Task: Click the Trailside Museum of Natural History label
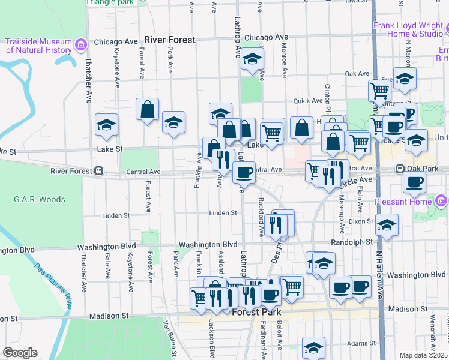coord(38,46)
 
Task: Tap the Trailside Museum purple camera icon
coord(80,44)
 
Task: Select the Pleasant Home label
coord(403,202)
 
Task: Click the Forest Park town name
coord(261,312)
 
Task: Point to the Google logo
coord(20,353)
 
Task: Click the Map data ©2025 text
coord(424,355)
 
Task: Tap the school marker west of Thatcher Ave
coord(107,125)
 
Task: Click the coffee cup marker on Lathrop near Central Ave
coord(244,173)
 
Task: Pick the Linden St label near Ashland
coord(220,214)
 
